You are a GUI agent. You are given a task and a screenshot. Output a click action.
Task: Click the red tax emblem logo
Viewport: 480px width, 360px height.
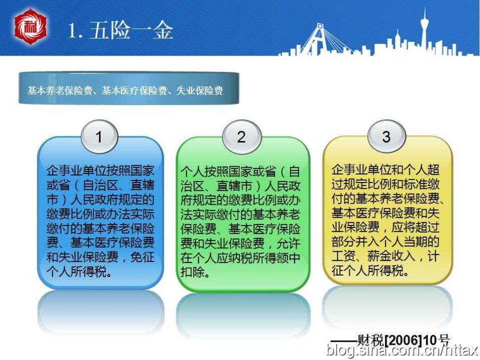click(31, 27)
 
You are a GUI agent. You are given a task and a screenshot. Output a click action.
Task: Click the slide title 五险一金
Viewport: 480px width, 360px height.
click(131, 30)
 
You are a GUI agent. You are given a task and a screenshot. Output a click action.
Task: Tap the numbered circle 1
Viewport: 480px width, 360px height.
click(99, 137)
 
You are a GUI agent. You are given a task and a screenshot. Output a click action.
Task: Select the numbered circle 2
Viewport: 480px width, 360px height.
click(242, 137)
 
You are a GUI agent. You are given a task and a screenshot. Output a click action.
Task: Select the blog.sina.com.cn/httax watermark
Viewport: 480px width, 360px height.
click(402, 350)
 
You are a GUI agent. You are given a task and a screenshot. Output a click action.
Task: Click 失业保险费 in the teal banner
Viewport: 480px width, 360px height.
click(199, 91)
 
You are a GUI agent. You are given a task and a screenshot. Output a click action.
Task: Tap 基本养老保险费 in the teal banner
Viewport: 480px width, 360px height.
click(60, 91)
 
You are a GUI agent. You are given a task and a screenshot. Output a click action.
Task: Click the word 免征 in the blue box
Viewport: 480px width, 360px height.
click(142, 257)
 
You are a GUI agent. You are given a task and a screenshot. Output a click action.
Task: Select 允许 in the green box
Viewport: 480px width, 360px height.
click(289, 244)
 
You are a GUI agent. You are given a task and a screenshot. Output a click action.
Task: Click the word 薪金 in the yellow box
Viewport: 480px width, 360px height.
click(379, 256)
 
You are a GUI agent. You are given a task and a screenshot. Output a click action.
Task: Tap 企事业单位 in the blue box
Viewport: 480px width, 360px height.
click(76, 171)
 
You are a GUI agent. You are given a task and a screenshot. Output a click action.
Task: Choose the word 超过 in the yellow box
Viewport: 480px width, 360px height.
click(427, 228)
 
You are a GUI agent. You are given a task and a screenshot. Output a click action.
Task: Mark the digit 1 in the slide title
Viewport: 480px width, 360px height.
click(73, 31)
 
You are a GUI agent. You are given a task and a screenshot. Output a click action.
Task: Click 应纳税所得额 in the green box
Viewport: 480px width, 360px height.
click(252, 258)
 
